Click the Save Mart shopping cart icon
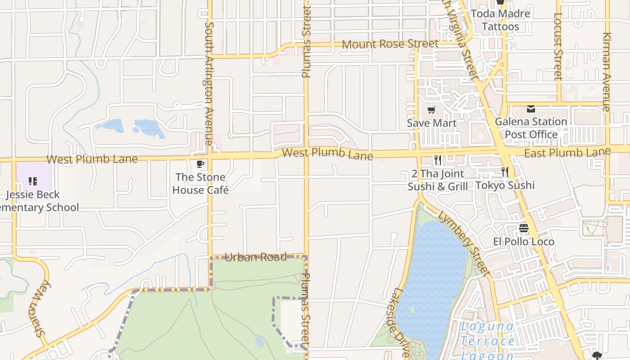pyautogui.click(x=432, y=110)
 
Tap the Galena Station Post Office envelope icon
pyautogui.click(x=531, y=109)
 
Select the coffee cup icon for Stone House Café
pyautogui.click(x=200, y=164)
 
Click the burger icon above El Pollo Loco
pyautogui.click(x=523, y=228)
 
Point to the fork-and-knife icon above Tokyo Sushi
pyautogui.click(x=505, y=171)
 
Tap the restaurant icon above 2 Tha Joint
pyautogui.click(x=437, y=160)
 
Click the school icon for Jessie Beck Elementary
pyautogui.click(x=33, y=181)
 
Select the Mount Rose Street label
pyautogui.click(x=390, y=44)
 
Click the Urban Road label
pyautogui.click(x=256, y=257)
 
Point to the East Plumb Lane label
pyautogui.click(x=567, y=153)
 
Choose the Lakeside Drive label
pyautogui.click(x=398, y=322)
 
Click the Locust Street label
pyautogui.click(x=558, y=46)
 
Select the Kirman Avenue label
pyautogui.click(x=606, y=72)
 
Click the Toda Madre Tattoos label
pyautogui.click(x=500, y=20)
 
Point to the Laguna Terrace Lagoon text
pyautogui.click(x=487, y=341)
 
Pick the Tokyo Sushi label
pyautogui.click(x=505, y=185)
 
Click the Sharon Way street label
pyautogui.click(x=41, y=308)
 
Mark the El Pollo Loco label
pyautogui.click(x=524, y=242)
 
